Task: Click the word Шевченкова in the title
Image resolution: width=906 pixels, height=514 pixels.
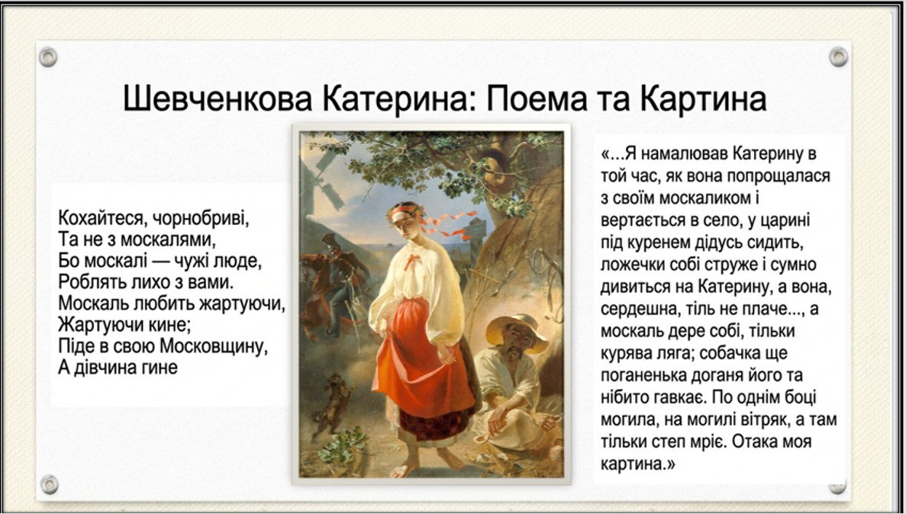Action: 218,98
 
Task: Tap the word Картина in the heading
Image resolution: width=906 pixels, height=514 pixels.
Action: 703,98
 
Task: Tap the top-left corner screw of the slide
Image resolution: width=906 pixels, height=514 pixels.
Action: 48,57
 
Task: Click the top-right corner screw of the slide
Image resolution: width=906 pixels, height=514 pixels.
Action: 838,56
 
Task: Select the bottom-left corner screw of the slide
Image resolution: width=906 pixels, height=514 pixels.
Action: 49,484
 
